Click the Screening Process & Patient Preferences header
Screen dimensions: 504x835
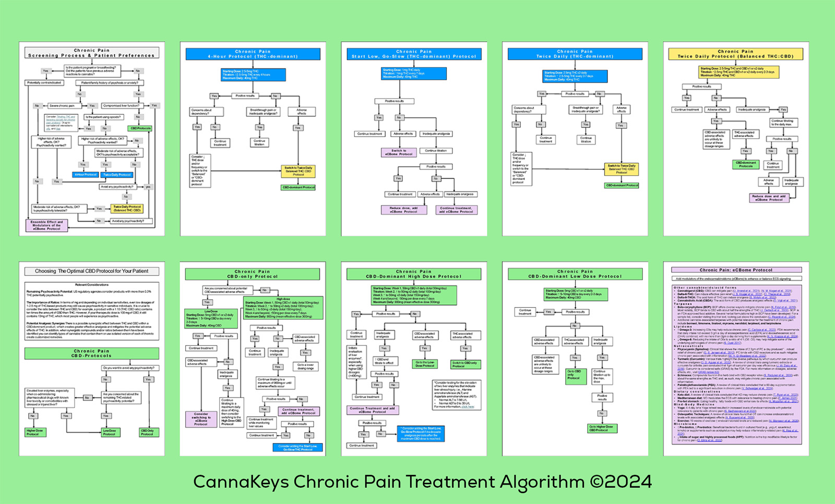point(92,53)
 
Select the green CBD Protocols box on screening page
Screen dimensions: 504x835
point(140,128)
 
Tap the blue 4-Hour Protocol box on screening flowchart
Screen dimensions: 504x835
point(86,175)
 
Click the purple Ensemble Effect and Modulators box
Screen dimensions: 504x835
point(47,225)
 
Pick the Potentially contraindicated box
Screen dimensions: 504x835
point(44,83)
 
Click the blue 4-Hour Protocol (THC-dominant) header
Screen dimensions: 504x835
point(253,54)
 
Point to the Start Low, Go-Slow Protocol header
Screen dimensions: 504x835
point(414,54)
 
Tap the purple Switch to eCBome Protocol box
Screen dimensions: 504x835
point(399,152)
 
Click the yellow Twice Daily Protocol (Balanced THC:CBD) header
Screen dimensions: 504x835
point(735,54)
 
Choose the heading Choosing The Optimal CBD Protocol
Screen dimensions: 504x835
point(92,271)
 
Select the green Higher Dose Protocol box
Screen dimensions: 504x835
point(35,433)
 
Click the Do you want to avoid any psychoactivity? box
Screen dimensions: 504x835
point(129,368)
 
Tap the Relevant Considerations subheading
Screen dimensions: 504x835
point(92,285)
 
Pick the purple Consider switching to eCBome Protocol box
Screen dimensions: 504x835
point(201,419)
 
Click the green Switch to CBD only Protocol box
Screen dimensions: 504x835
point(464,364)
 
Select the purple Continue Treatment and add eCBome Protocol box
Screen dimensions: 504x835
point(372,410)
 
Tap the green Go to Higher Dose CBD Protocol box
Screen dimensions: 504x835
point(601,428)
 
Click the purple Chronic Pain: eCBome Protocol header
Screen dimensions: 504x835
point(735,270)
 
